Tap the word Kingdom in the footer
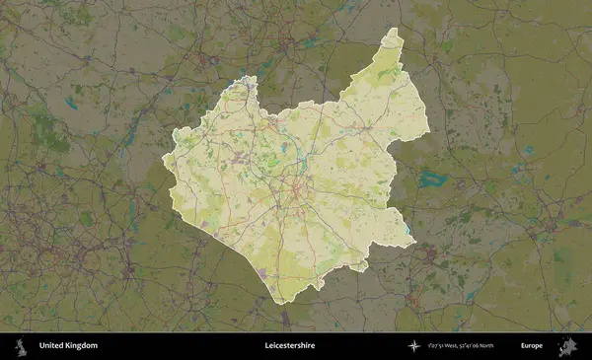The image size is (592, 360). coord(81,346)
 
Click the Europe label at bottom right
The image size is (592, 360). coord(532,346)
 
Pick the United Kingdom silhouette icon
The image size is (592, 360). coord(20,346)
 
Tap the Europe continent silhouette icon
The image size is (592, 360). coord(566,346)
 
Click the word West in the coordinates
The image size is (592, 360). coord(457,346)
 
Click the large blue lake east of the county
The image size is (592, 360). coord(431,180)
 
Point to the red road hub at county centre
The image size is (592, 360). coord(293,187)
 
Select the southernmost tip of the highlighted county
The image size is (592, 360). coord(281,302)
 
